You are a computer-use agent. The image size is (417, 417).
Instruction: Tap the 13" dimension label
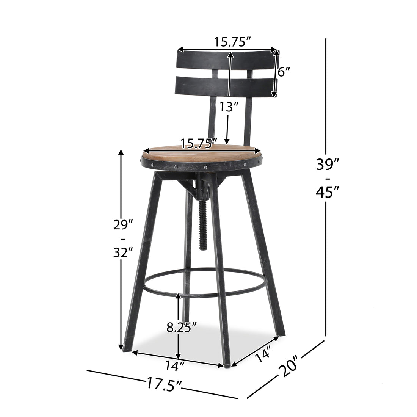[228, 107]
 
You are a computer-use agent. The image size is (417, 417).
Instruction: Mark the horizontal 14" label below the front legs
[175, 365]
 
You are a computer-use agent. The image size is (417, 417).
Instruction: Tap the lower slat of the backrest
[197, 86]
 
